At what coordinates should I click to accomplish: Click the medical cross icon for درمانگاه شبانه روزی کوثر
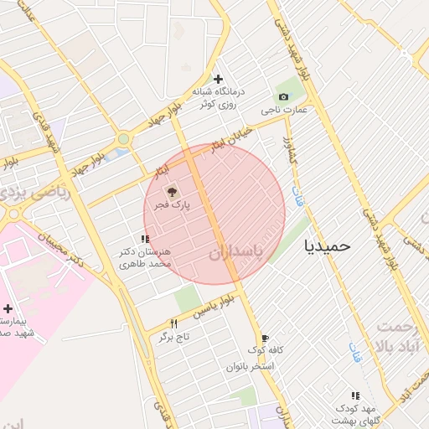tap(218, 79)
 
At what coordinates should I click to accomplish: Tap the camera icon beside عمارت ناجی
tap(283, 97)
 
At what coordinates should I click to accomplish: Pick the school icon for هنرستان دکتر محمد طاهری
tap(145, 240)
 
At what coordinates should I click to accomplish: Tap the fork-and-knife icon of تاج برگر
tap(174, 323)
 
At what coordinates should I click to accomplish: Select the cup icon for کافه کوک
tap(265, 338)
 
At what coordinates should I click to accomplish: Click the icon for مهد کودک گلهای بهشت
tap(354, 395)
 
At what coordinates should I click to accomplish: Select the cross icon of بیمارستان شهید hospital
tap(8, 309)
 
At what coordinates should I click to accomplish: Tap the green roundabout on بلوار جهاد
tap(123, 139)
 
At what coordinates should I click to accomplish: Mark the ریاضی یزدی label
tap(48, 189)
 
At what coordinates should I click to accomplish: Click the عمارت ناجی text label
tap(283, 110)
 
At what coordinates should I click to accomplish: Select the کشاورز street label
tap(287, 149)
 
